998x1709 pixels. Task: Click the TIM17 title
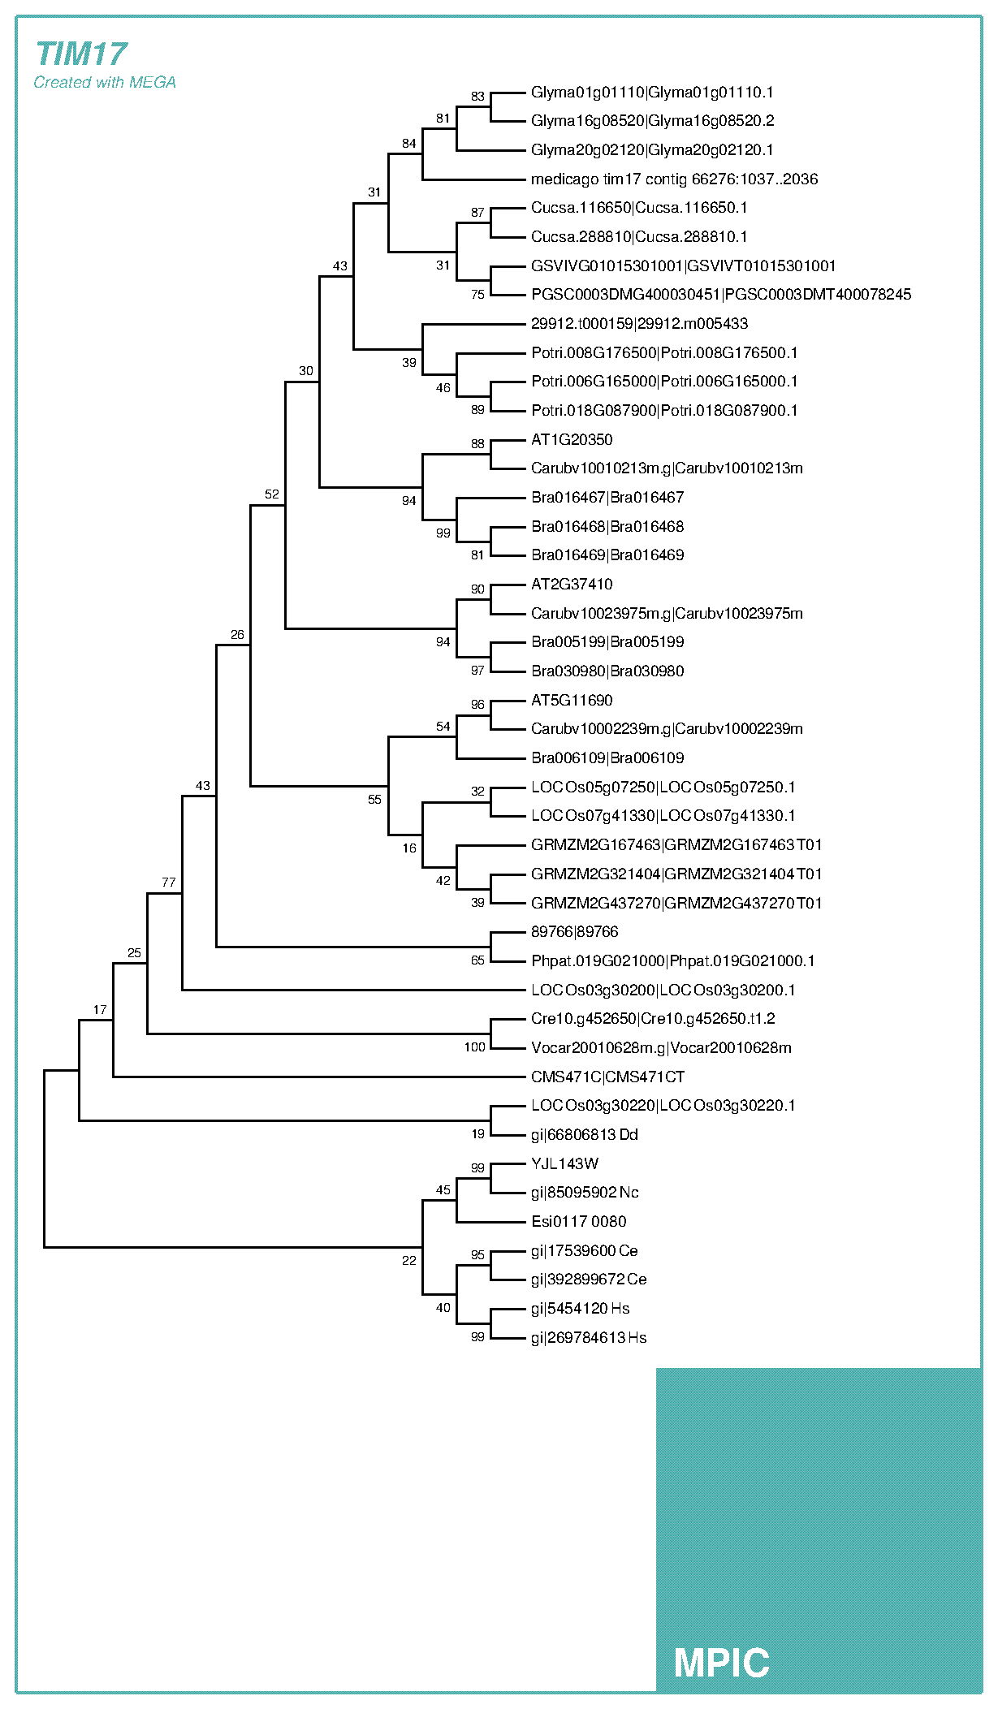pos(81,54)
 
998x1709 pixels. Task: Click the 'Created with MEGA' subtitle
pos(105,82)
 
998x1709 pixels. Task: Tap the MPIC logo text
pos(721,1663)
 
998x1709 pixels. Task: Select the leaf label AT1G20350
pos(572,439)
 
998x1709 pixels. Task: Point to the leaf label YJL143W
pos(564,1163)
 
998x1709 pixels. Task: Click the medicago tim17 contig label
pos(674,179)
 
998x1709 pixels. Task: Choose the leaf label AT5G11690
pos(572,700)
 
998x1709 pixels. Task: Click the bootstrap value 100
pos(475,1047)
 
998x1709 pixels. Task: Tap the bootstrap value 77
pos(169,882)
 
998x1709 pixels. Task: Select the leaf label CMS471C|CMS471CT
pos(607,1077)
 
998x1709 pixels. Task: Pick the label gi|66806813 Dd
pos(585,1134)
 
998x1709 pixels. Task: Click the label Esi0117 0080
pos(578,1221)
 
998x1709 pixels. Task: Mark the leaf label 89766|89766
pos(574,931)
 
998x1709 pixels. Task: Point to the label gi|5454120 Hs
pos(580,1308)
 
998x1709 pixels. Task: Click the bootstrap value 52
pos(272,494)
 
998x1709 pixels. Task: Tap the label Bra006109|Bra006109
pos(607,757)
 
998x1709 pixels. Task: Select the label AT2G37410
pos(572,584)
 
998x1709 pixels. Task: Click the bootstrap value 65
pos(477,960)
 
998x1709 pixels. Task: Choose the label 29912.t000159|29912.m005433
pos(639,323)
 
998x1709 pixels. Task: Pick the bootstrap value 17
pos(100,1009)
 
